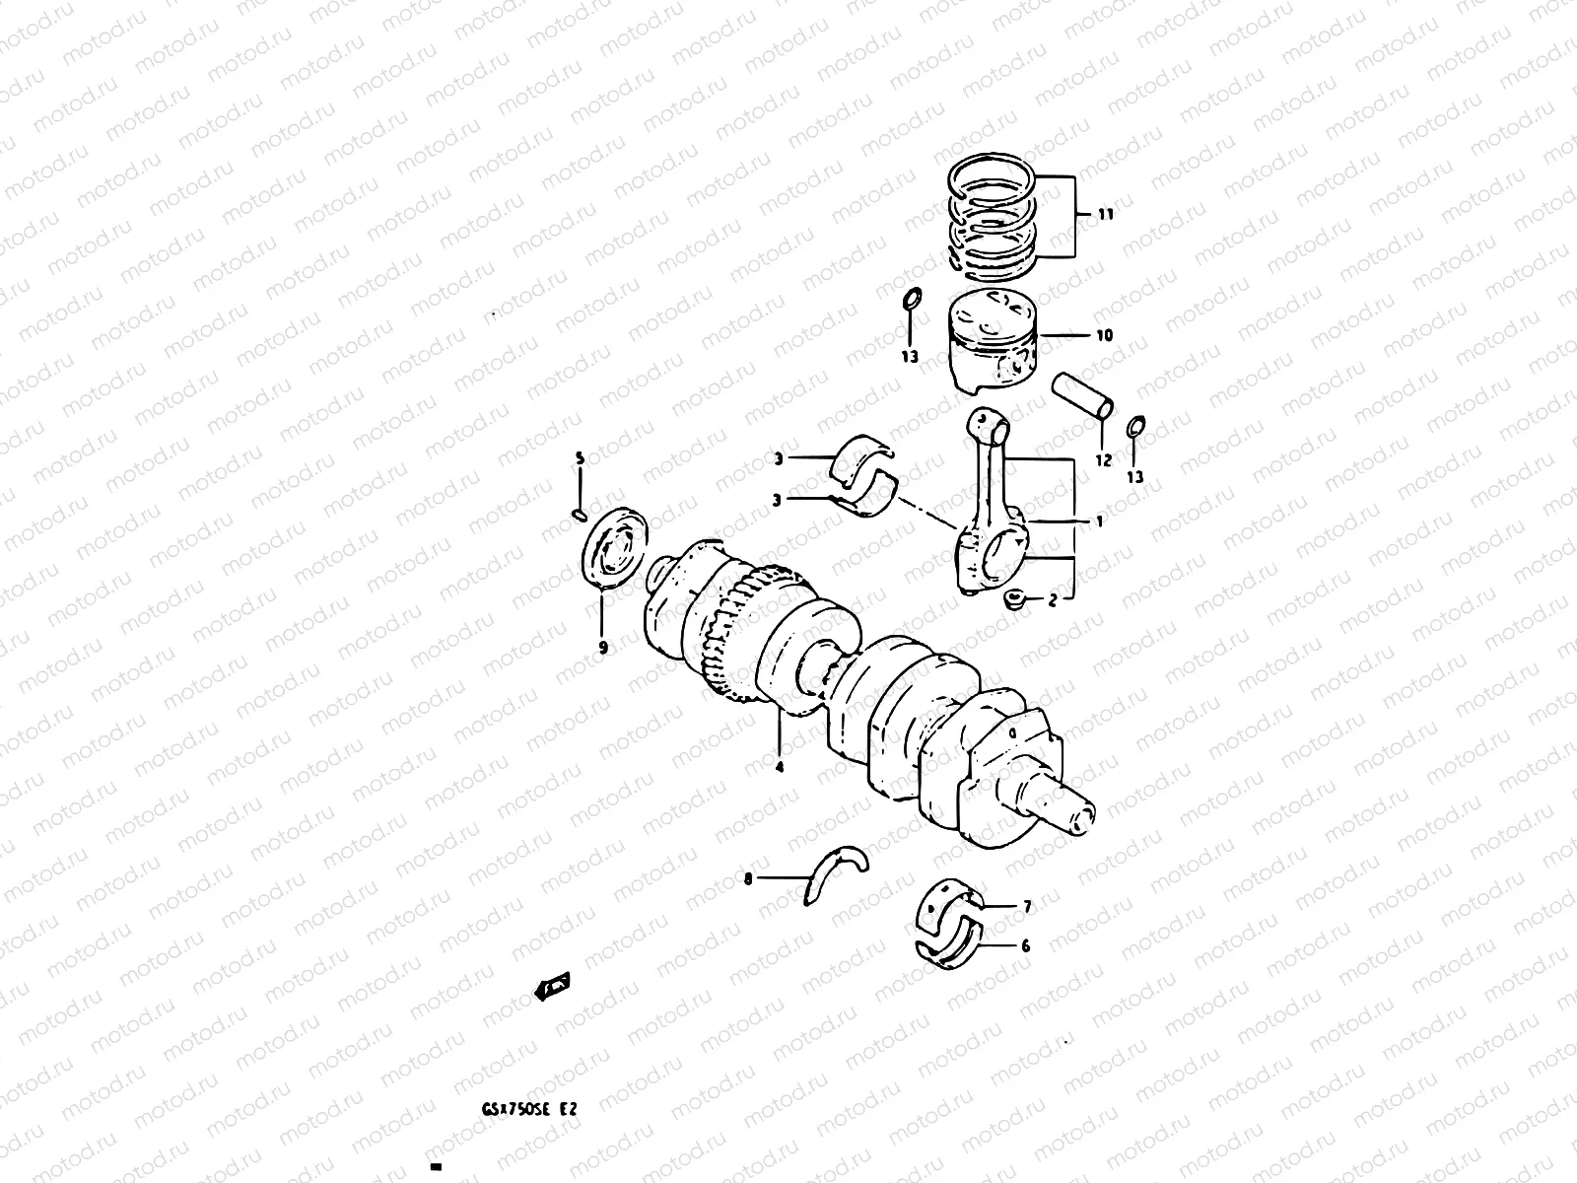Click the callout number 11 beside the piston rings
click(1105, 214)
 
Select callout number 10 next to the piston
click(1103, 335)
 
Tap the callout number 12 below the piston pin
click(1103, 459)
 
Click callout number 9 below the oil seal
click(602, 648)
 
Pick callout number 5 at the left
click(580, 458)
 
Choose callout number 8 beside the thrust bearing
click(748, 878)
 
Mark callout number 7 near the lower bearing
click(1026, 906)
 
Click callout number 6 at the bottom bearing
click(1025, 946)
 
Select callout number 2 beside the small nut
click(1052, 598)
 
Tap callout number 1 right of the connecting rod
click(1099, 521)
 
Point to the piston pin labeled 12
click(1084, 395)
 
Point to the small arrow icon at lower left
click(553, 985)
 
